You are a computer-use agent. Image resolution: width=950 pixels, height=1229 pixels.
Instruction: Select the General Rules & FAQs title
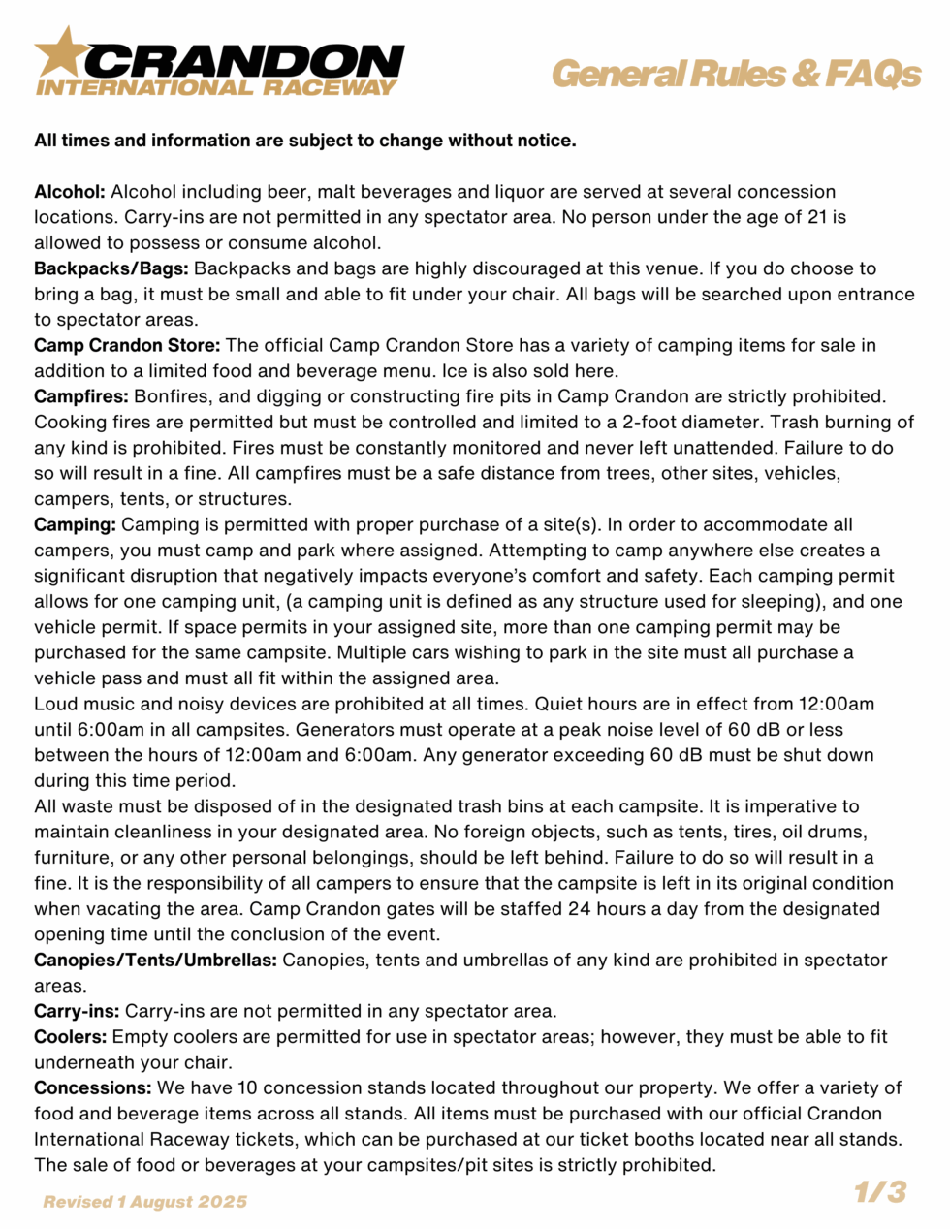click(736, 74)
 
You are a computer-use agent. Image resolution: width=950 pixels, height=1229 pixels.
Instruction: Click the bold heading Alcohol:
click(70, 192)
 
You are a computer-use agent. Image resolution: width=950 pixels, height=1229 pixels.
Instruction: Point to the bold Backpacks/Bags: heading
click(111, 268)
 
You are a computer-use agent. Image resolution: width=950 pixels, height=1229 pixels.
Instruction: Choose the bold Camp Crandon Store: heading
click(127, 345)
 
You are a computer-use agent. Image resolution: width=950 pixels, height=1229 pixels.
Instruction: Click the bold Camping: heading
click(75, 524)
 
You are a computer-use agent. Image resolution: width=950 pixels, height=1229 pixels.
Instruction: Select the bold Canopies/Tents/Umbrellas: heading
click(155, 960)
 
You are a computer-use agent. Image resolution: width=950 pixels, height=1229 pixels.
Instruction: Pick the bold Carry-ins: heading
click(77, 1011)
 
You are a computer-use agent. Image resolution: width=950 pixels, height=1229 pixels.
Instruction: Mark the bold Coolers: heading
click(70, 1037)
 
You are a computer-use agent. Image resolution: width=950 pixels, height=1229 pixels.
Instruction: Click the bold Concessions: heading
click(92, 1087)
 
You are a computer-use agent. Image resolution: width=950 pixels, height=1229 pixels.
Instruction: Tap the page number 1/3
click(879, 1191)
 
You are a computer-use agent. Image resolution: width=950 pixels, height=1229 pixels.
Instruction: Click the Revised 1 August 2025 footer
click(145, 1202)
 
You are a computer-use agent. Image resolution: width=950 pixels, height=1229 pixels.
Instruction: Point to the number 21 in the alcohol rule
click(817, 217)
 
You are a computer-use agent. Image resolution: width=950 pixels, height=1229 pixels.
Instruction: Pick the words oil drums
click(823, 832)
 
